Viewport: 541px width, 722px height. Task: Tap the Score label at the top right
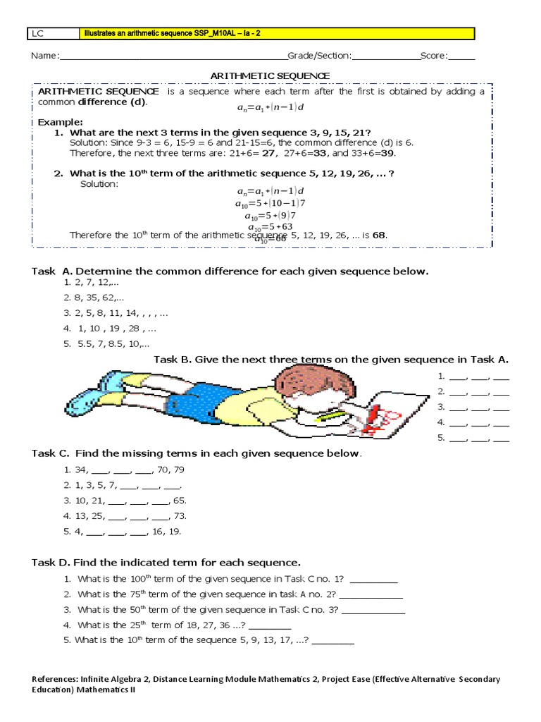coord(434,56)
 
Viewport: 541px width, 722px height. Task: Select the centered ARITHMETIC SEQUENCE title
coord(270,75)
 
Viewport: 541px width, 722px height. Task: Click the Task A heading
coord(230,271)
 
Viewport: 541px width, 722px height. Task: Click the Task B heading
coord(330,360)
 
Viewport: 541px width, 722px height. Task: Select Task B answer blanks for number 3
coord(473,407)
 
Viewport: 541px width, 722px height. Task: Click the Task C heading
coord(197,453)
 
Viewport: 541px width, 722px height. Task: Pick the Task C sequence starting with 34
coord(124,470)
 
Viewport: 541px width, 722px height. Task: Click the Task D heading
coord(166,563)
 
